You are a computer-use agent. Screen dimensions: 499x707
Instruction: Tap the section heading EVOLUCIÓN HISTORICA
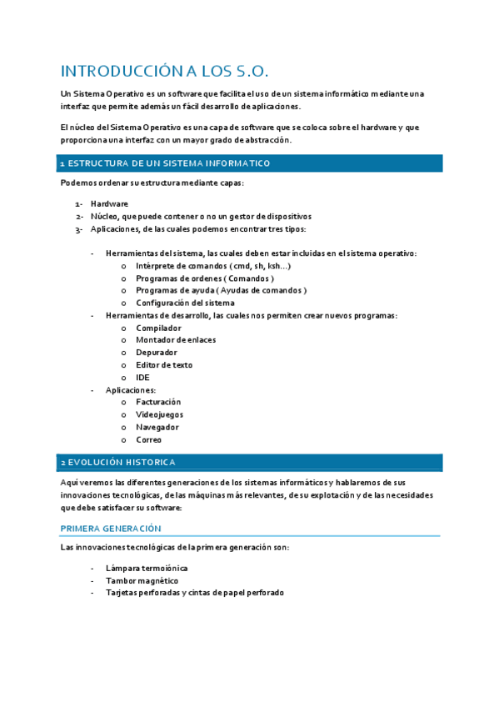pos(122,462)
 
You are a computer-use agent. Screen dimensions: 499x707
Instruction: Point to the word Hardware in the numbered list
pos(109,203)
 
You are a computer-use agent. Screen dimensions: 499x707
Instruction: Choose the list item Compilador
pos(158,328)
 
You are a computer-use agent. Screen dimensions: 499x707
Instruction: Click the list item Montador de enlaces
pos(176,340)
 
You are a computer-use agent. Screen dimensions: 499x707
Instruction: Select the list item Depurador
pos(157,353)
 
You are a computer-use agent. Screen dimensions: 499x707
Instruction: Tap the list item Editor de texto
pos(164,365)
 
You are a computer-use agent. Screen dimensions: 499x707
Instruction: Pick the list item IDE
pos(143,378)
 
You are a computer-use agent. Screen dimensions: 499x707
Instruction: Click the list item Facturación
pos(158,402)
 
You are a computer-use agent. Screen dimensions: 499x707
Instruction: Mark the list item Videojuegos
pos(160,414)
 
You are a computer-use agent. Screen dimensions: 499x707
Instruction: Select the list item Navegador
pos(157,427)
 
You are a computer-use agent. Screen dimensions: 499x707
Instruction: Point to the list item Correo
pos(149,439)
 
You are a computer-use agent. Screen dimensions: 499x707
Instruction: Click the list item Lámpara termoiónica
pos(147,568)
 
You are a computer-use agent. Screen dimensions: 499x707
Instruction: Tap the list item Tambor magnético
pos(142,580)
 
